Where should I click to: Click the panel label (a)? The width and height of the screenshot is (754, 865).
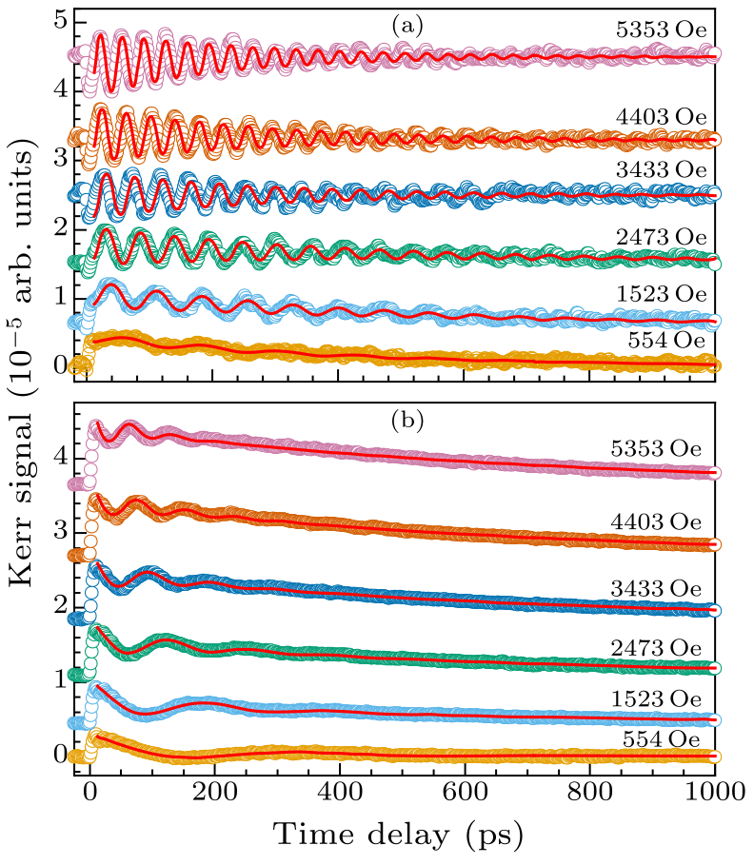pyautogui.click(x=407, y=27)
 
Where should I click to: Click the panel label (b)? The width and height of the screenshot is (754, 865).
pyautogui.click(x=407, y=418)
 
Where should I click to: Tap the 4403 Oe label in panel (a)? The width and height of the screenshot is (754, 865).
pyautogui.click(x=657, y=115)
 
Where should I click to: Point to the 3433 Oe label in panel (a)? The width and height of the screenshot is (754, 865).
pyautogui.click(x=657, y=170)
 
